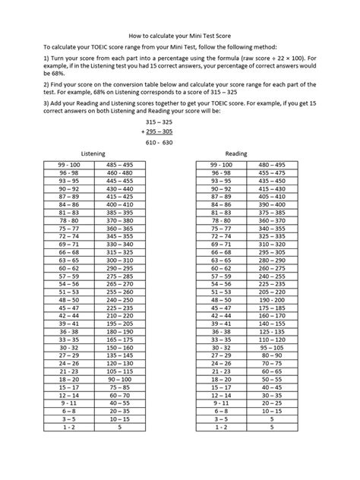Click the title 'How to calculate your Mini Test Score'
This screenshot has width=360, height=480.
pos(181,35)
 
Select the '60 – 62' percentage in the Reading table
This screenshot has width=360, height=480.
pos(222,269)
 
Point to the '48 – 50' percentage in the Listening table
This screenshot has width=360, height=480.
pos(67,300)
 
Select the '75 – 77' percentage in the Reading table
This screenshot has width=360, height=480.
pos(222,227)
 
